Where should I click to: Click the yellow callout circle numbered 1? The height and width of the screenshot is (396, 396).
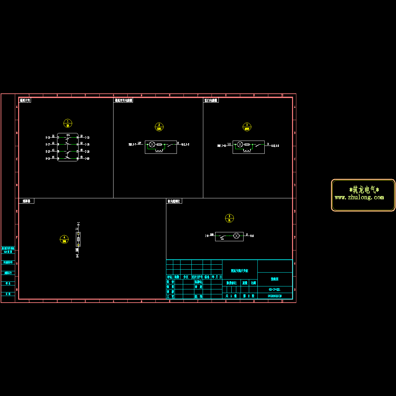coord(68,123)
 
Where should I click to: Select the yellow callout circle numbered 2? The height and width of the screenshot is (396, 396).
coord(159,127)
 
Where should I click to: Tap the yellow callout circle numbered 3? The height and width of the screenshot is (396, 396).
coord(247,127)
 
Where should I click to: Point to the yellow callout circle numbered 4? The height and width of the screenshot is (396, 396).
coord(64,239)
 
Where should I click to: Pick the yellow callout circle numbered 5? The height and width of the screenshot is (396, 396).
coord(229,218)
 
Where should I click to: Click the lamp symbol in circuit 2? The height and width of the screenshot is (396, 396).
coord(152,145)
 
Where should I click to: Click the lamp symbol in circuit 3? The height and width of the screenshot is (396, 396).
coord(240,145)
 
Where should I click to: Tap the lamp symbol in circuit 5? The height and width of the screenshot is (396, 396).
coord(236,236)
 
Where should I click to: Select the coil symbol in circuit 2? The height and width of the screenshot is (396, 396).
coord(160,151)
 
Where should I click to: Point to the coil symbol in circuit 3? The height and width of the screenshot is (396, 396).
coord(247,151)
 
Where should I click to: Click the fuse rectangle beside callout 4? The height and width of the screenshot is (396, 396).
coord(79,239)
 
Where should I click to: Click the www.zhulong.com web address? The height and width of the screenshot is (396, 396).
coord(359,198)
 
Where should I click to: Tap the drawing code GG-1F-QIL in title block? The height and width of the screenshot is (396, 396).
coord(275,289)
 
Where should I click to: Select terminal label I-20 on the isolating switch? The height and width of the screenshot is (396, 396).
coord(87,159)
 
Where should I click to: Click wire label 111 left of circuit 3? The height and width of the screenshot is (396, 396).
coord(229,144)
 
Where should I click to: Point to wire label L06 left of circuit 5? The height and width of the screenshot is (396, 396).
coord(212,234)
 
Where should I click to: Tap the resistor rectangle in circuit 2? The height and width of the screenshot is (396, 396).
coord(159,145)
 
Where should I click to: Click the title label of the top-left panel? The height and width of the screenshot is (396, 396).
coord(25,100)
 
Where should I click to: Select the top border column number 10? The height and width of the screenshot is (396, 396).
coord(282,95)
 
